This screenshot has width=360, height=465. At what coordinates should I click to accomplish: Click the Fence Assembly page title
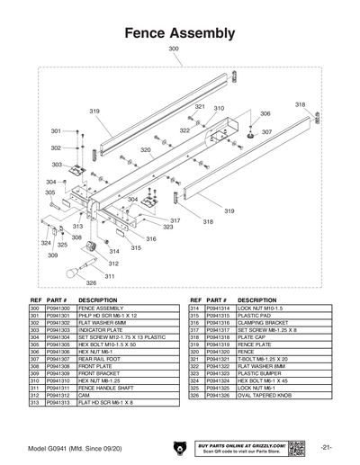click(x=179, y=33)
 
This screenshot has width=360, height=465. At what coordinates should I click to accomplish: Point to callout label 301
click(x=56, y=131)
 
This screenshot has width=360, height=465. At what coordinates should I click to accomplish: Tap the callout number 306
click(x=265, y=114)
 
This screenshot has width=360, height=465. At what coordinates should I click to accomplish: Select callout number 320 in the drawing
click(x=145, y=150)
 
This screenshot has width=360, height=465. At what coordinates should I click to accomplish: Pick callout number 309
click(x=52, y=256)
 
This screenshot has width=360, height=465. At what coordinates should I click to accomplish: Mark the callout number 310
click(x=219, y=108)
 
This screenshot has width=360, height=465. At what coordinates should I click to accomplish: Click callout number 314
click(x=114, y=254)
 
